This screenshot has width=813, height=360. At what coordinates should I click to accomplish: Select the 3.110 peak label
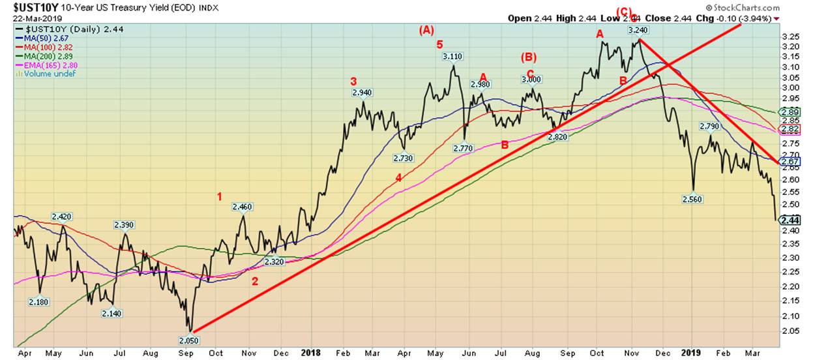(452, 57)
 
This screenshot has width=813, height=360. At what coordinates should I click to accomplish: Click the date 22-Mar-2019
(30, 17)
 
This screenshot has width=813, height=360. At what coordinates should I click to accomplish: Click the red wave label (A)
(427, 29)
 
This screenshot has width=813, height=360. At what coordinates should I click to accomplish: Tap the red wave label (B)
(529, 57)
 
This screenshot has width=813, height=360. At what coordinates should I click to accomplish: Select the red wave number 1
(220, 196)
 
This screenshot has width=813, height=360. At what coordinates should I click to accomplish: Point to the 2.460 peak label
(242, 207)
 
